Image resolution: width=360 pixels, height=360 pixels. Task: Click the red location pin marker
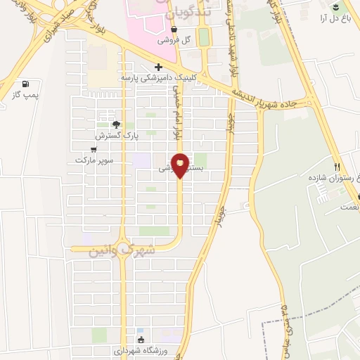(x=180, y=165)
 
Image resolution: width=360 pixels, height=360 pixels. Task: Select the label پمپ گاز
(x=26, y=94)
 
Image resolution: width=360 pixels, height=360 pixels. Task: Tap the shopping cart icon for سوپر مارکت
(x=94, y=149)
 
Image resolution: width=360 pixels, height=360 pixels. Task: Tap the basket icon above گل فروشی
(x=174, y=29)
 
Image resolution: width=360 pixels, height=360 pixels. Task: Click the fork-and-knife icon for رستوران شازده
(x=337, y=167)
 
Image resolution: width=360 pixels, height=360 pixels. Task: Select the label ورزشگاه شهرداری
(x=139, y=350)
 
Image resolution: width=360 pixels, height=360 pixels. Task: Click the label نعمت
(x=349, y=207)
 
